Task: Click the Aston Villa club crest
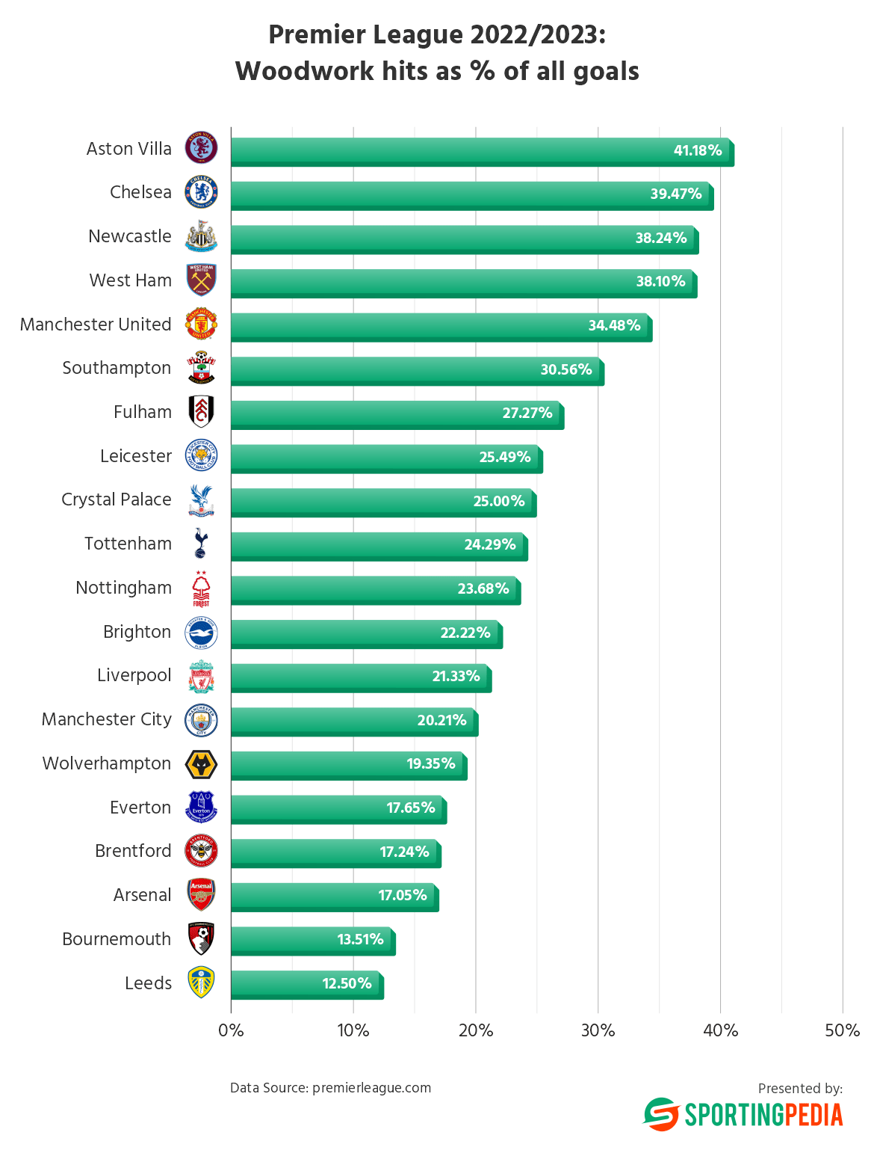201,148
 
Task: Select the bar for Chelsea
471,195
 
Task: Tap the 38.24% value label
660,238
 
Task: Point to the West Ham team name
131,280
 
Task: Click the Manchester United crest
201,325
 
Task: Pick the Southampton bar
417,371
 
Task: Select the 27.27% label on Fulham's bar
527,413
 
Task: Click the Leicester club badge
201,456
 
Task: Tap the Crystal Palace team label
117,499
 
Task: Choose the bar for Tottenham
379,547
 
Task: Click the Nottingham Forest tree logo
201,588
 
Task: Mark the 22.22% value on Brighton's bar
465,633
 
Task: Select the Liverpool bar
361,678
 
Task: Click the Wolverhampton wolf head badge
201,764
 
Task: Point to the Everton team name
140,808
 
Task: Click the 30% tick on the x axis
598,1030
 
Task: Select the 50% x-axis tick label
842,1030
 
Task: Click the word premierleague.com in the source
371,1088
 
